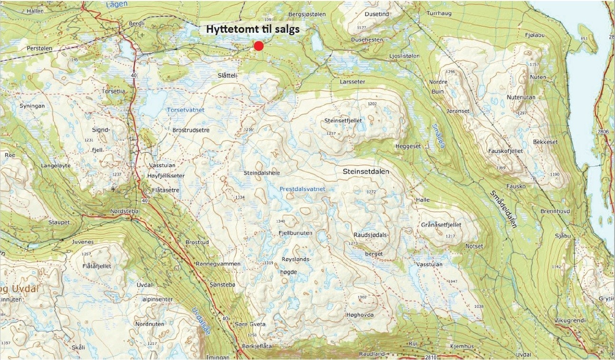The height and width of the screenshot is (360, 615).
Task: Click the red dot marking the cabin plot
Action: [259, 46]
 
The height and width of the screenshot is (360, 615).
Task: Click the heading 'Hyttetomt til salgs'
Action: [252, 29]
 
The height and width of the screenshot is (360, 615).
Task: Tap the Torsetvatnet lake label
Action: [186, 110]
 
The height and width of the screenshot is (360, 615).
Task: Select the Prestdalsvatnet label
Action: [303, 189]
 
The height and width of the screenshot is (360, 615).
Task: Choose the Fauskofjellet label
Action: [505, 151]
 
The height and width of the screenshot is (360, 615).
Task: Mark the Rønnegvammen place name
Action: [218, 264]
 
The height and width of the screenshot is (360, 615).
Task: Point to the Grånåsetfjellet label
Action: [441, 225]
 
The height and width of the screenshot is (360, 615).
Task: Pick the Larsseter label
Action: [353, 82]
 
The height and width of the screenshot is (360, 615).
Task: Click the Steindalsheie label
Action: [261, 173]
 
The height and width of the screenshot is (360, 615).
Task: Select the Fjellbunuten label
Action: [295, 233]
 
